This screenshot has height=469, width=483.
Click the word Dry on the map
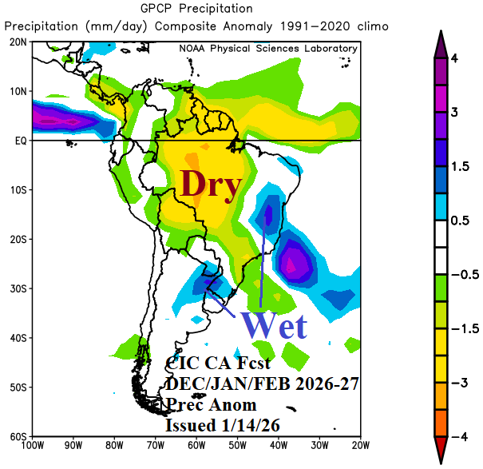click(x=211, y=185)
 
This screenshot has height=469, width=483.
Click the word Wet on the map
click(x=275, y=325)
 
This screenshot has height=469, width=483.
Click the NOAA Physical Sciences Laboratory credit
click(x=268, y=49)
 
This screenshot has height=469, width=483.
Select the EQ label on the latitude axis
click(x=20, y=141)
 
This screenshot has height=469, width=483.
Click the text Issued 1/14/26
click(x=222, y=425)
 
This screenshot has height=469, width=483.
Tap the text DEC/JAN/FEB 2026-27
click(x=261, y=384)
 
